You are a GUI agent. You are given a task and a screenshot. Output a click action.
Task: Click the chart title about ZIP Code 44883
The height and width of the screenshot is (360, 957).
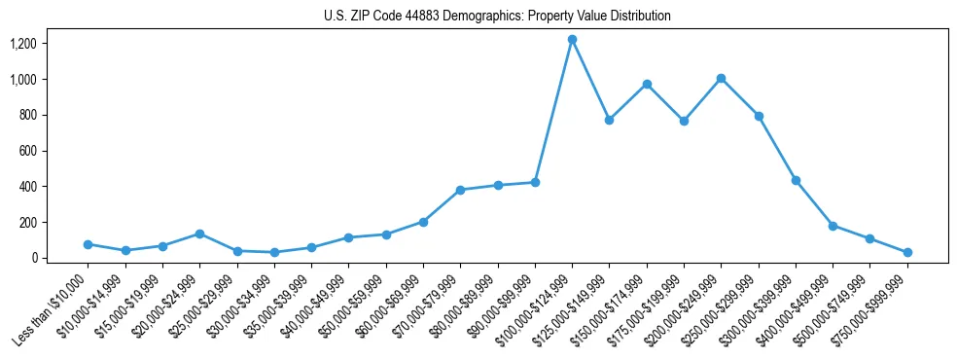click(497, 17)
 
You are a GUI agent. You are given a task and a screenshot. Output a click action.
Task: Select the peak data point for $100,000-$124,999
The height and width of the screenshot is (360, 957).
click(572, 40)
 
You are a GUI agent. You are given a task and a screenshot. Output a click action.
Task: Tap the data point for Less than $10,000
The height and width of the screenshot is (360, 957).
click(88, 244)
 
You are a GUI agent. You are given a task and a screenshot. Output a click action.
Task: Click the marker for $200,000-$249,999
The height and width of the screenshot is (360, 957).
click(721, 78)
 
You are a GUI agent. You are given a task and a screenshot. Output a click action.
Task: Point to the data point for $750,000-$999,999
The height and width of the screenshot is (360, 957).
click(907, 252)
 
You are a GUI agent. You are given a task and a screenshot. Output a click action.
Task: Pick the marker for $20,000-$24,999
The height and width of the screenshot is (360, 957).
click(199, 234)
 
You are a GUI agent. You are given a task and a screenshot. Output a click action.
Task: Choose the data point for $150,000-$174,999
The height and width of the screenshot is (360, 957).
click(647, 84)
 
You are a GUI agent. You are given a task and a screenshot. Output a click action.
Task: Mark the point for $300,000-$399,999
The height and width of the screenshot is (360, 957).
click(796, 180)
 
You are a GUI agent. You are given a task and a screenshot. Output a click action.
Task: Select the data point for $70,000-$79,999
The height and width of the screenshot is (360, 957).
click(460, 190)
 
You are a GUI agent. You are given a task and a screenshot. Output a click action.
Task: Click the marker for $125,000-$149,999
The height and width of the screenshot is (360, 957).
click(609, 120)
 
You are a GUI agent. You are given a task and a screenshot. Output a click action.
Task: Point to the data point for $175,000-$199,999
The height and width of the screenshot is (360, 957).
click(684, 121)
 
